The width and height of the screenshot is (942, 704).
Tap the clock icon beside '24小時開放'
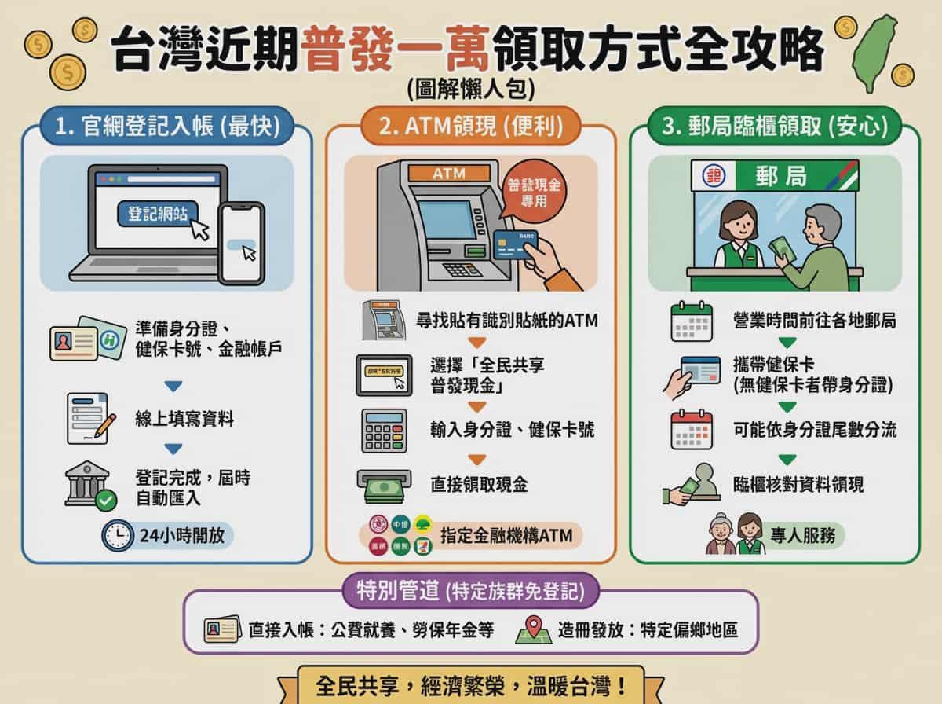coord(118,535)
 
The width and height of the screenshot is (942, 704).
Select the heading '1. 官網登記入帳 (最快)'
coord(168,126)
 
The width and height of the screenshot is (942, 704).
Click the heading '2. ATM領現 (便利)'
coord(470,126)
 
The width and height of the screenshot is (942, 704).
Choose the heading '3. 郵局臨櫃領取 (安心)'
coord(774,126)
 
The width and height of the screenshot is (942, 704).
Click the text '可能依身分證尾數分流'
coord(814,430)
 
